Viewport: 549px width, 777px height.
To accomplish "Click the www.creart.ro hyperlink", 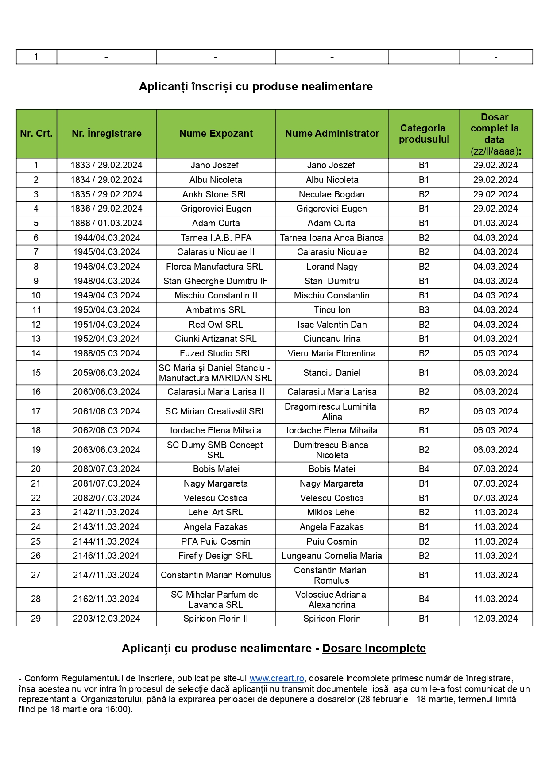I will click(x=277, y=678).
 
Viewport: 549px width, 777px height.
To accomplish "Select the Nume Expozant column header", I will click(x=216, y=134).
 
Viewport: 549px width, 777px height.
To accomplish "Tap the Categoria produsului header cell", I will click(x=424, y=134).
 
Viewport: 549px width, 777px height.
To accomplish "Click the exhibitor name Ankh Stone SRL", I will click(x=215, y=194).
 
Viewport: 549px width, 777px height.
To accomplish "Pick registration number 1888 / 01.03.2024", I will click(x=106, y=223).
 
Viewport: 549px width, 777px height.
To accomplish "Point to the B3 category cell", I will click(x=424, y=310).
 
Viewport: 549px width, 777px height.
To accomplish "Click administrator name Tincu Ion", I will click(x=332, y=310).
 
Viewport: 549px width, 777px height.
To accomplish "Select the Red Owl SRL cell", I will click(x=216, y=325).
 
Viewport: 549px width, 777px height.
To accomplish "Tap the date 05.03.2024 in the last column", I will click(x=495, y=353).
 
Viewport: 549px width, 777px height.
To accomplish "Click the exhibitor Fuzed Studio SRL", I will click(x=216, y=353).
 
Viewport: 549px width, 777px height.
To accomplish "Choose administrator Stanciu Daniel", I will click(x=332, y=373).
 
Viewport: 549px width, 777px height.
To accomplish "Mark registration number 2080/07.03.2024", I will click(x=106, y=469).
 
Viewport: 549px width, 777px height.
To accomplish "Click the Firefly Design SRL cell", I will click(x=216, y=556).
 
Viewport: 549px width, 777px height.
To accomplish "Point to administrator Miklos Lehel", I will click(x=332, y=512).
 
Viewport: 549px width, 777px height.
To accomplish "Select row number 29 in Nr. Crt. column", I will click(x=36, y=619).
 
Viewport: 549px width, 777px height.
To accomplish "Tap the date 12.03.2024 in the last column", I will click(x=495, y=619).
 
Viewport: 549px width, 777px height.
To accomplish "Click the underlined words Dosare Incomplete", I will click(x=374, y=649).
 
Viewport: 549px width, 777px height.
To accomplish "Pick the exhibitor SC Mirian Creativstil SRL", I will click(x=216, y=411).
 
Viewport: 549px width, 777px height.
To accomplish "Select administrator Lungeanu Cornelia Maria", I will click(x=332, y=556).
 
